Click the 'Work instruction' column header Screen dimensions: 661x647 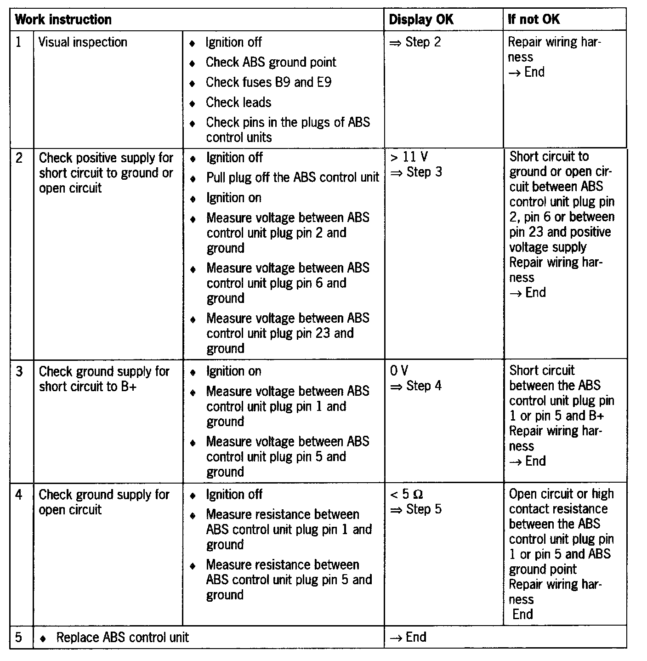click(63, 20)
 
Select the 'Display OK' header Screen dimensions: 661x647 click(421, 20)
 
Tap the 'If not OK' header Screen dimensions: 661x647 click(533, 20)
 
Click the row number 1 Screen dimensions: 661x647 click(19, 43)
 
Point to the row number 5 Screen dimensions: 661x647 click(19, 638)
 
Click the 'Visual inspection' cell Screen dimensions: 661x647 click(83, 43)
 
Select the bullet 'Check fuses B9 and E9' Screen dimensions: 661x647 click(268, 83)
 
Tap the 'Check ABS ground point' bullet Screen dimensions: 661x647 click(271, 63)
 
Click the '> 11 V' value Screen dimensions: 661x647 click(409, 157)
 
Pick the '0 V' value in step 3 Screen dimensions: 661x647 click(398, 370)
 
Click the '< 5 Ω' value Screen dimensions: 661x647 click(406, 495)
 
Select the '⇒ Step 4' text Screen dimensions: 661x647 click(415, 386)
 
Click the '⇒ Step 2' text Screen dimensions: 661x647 click(415, 43)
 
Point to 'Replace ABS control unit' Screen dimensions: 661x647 click(122, 638)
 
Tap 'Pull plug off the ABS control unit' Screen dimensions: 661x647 click(293, 177)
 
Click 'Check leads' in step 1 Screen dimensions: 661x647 click(238, 103)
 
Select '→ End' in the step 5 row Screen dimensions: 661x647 click(408, 637)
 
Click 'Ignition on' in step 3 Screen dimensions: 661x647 click(233, 371)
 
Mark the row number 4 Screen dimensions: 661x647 click(19, 495)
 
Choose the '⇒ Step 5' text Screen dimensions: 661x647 click(415, 509)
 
